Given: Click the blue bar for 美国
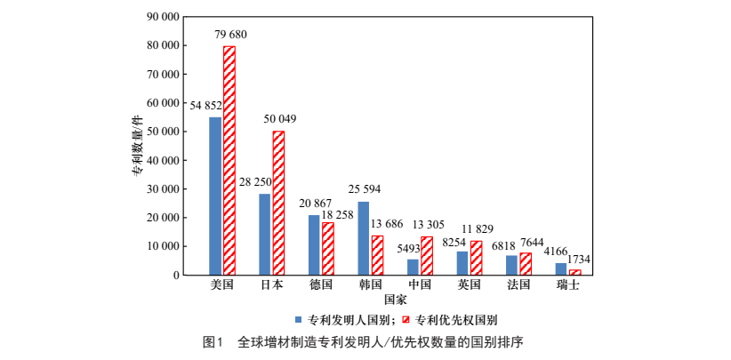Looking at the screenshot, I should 215,196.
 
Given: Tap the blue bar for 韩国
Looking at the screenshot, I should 363,238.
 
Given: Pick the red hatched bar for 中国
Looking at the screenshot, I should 427,255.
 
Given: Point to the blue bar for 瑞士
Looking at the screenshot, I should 560,268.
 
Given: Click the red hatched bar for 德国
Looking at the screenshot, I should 328,248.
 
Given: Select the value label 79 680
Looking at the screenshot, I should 230,35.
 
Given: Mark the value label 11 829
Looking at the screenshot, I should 476,229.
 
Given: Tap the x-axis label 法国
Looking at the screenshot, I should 518,285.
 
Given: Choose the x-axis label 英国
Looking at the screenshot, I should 470,285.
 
